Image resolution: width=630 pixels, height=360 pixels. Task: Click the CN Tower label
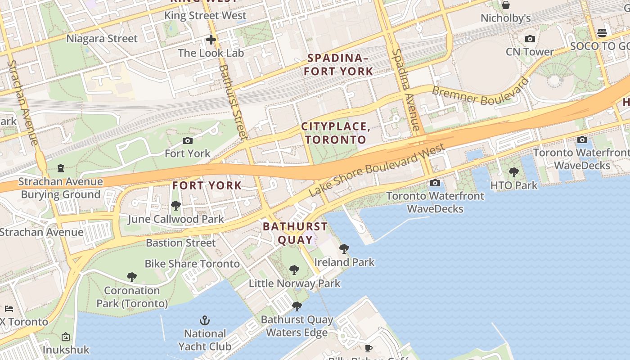[530, 52]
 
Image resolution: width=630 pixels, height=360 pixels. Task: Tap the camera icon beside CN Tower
[530, 39]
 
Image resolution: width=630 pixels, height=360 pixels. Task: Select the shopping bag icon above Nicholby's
[506, 5]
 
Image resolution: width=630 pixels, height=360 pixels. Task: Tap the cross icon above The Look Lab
[211, 40]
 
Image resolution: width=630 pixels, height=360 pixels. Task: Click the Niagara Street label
[102, 39]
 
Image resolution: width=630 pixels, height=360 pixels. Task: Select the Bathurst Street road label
[233, 102]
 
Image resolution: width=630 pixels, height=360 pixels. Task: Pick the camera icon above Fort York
[188, 141]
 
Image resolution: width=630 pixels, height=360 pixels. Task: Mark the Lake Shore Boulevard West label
[377, 170]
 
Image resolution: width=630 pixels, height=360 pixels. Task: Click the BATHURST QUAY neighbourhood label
[295, 233]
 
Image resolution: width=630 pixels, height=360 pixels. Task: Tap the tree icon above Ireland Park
[344, 249]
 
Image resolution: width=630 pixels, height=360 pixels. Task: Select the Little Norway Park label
[295, 283]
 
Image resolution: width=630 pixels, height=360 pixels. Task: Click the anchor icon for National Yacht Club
[205, 320]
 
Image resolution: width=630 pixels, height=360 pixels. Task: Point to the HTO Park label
[513, 185]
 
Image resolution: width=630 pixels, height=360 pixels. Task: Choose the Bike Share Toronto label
[192, 264]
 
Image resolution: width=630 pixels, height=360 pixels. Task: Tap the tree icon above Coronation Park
[132, 277]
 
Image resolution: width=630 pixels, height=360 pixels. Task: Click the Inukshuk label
[66, 350]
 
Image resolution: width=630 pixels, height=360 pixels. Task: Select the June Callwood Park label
[175, 219]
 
